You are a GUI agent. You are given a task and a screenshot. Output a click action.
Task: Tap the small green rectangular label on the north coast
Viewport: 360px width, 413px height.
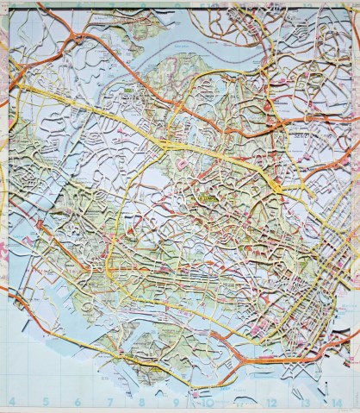click(x=129, y=88)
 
